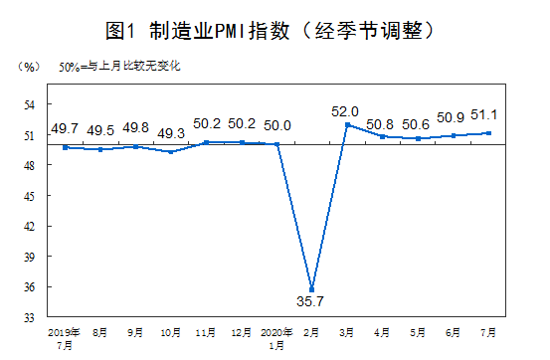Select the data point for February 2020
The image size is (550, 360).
(312, 289)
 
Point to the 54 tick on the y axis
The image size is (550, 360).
(29, 104)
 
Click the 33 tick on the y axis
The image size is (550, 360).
(29, 317)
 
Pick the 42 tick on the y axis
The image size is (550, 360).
(29, 227)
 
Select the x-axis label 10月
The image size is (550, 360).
(171, 330)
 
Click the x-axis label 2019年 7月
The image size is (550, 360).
(64, 336)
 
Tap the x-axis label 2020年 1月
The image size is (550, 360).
(275, 336)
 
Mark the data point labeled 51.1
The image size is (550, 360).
(488, 133)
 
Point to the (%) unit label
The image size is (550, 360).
(28, 68)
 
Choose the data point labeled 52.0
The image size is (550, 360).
(348, 124)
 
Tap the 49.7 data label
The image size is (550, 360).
(65, 129)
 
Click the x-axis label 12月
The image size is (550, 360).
(242, 330)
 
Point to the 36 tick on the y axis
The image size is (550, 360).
(29, 287)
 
